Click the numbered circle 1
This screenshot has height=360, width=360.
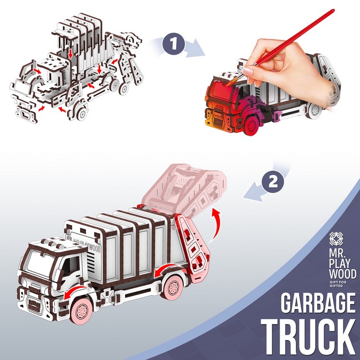coord(173,43)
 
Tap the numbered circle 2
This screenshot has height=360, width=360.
coord(273,182)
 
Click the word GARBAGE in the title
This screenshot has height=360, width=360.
coord(318,303)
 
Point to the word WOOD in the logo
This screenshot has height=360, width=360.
coord(342,274)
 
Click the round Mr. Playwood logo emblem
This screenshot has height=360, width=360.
coord(336,239)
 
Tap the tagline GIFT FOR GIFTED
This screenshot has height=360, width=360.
coord(338,284)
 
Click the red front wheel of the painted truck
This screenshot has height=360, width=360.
coord(251,126)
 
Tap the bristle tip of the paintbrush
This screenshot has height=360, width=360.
coord(229,83)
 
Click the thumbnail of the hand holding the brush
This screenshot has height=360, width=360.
coord(248,71)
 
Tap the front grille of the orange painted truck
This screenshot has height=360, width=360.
coord(218,121)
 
